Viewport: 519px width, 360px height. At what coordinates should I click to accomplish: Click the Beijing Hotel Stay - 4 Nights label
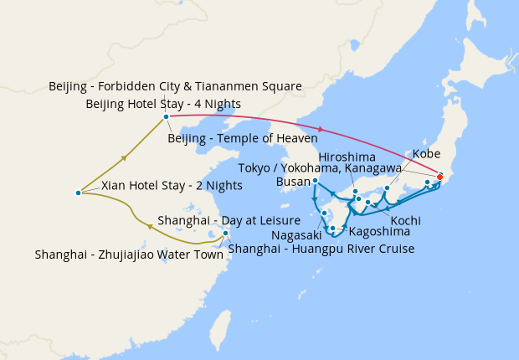pos(163,104)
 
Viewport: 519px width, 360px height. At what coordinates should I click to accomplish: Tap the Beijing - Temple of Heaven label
pos(243,137)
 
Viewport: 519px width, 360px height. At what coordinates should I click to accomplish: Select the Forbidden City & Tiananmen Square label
pos(175,86)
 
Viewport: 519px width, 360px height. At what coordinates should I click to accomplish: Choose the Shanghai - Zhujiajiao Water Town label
pos(130,255)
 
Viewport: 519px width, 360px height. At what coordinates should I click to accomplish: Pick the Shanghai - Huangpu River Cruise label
pos(321,248)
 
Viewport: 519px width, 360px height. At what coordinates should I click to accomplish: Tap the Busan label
pos(291,181)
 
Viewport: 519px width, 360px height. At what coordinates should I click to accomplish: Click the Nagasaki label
pos(296,237)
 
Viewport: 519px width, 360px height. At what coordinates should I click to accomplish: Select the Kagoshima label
pos(378,230)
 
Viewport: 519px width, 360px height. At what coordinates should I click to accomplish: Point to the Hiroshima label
pos(347,157)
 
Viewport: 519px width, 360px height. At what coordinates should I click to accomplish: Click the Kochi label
pos(405,219)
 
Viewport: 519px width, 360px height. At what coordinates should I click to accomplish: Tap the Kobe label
pos(426,155)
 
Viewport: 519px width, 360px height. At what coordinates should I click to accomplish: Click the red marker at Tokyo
pos(439,177)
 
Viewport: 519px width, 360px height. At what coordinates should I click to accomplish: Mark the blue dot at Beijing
pos(166,116)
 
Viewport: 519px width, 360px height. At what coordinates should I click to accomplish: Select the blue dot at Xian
pos(78,193)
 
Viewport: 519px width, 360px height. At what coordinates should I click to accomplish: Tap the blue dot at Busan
pos(315,181)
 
